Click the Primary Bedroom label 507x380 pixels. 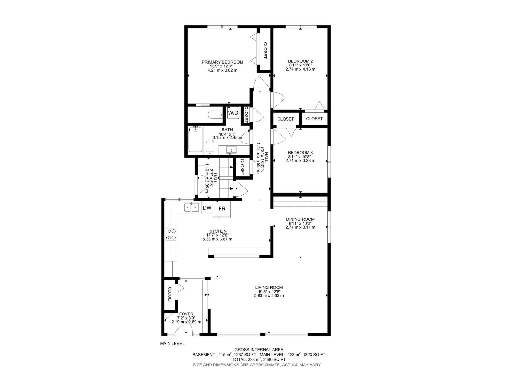click(222, 62)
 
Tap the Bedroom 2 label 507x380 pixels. click(300, 61)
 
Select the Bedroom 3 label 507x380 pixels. click(300, 153)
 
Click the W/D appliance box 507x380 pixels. click(233, 113)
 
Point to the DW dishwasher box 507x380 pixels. click(207, 208)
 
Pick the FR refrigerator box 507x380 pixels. click(222, 209)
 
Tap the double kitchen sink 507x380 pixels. click(191, 207)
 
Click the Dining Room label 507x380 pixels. click(300, 219)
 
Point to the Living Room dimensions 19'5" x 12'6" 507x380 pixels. click(269, 292)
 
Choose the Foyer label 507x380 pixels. click(186, 314)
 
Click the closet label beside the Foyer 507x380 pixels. click(170, 295)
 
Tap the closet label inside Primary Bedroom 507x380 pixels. click(265, 51)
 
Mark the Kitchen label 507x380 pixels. click(217, 231)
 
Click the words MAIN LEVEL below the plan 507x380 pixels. click(172, 343)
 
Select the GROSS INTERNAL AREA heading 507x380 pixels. click(259, 350)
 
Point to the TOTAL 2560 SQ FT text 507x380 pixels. click(259, 360)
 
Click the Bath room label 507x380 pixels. click(227, 130)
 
